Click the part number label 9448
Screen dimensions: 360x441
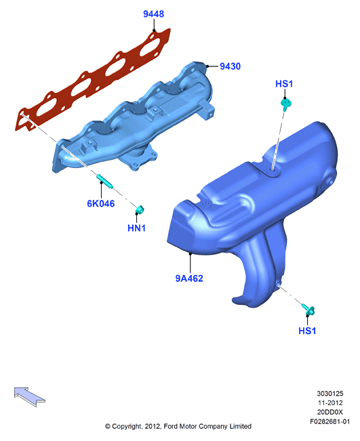(153, 14)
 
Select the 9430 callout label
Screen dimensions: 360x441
(230, 66)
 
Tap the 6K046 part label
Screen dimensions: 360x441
(101, 203)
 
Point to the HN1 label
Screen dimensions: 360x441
(136, 228)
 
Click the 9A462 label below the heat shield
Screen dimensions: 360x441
(189, 278)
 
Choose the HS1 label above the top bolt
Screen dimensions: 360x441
(284, 84)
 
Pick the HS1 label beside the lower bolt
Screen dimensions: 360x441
(307, 331)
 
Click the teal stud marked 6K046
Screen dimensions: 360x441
(105, 182)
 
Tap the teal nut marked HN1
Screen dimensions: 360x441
(140, 209)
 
